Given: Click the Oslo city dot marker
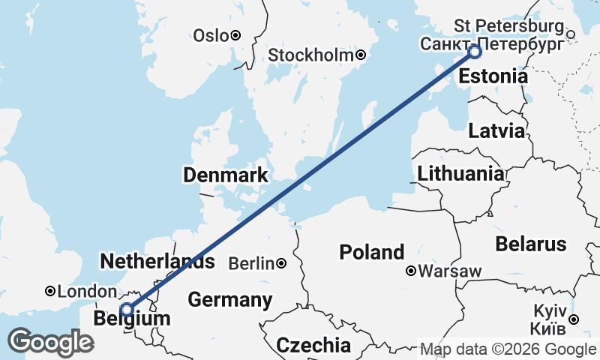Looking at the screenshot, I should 235,35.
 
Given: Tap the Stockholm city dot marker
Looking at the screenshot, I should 361,55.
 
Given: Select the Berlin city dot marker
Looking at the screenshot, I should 280,263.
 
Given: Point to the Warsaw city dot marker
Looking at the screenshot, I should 411,271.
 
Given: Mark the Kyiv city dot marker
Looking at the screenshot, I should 573,319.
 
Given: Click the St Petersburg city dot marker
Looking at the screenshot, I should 571,34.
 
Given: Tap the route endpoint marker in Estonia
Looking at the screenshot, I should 474,52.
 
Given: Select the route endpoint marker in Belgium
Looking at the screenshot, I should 127,309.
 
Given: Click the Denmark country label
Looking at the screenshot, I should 226,175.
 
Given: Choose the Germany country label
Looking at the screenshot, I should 229,300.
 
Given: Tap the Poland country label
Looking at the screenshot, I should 372,252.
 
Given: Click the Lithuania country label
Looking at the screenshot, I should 460,174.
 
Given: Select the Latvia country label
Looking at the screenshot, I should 496,130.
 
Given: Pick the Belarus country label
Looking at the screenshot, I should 530,244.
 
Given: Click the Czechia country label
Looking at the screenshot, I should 313,345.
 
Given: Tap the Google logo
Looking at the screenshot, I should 50,341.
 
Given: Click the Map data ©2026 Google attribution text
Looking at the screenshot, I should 508,349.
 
